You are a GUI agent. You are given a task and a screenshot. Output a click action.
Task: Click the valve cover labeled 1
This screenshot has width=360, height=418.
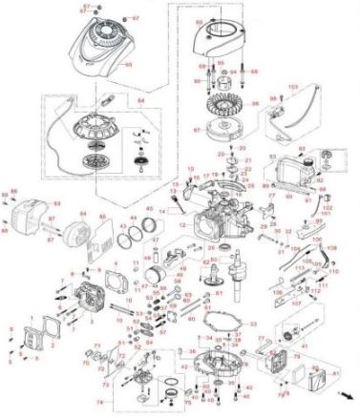(35, 334)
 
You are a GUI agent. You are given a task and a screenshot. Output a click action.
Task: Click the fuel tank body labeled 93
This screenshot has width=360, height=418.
(286, 178)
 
